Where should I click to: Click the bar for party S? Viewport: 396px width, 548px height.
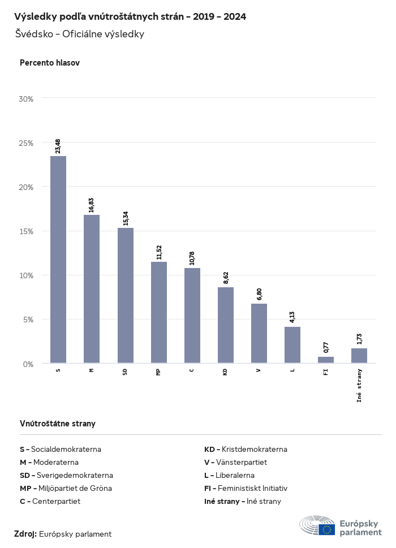coord(58,260)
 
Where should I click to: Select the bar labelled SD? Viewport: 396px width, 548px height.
coord(126,295)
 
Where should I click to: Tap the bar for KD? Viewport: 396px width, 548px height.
coord(226,325)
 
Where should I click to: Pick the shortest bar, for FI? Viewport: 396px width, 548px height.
coord(326,360)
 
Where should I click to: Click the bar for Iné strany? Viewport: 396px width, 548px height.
coord(359,356)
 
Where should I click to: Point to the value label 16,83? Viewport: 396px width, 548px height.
coord(92,204)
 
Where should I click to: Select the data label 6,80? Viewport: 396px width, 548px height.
coord(259,294)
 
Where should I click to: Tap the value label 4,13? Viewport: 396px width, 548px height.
coord(292,317)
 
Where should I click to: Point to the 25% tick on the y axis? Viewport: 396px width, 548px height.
coord(27,143)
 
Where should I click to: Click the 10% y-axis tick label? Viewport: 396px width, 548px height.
coord(27,275)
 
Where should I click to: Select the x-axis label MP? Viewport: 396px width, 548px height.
coord(159,371)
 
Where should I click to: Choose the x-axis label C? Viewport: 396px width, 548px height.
coord(192,370)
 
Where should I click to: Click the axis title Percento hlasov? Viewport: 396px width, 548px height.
coord(50,63)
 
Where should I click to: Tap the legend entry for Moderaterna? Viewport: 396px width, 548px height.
coord(49,462)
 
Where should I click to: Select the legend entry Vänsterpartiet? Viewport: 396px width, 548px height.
coord(235,462)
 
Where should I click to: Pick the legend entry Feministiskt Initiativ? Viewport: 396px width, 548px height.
coord(246,488)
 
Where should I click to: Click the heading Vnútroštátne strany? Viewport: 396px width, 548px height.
coord(58,423)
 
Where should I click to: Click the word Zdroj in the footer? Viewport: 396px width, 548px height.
coord(25,534)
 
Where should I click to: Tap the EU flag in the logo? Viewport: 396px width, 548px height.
coord(326,529)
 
